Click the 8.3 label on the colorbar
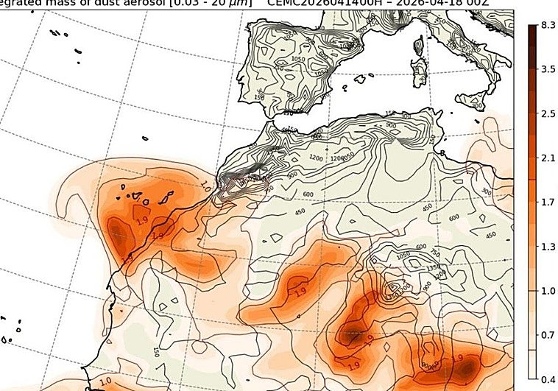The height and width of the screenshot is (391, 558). coord(548,25)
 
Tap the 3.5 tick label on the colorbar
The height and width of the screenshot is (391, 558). coord(548,69)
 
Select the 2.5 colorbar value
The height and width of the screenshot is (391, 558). coord(548,114)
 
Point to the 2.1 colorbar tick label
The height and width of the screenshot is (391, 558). coord(548,158)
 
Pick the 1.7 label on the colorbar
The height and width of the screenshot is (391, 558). coord(548,202)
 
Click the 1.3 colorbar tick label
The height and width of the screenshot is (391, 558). coord(548,246)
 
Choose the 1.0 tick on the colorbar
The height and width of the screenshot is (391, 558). coord(548,291)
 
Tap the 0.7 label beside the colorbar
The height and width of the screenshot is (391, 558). coord(548,335)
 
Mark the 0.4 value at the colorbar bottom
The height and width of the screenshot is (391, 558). coord(548,378)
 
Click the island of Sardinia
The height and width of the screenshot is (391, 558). coord(423,71)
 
